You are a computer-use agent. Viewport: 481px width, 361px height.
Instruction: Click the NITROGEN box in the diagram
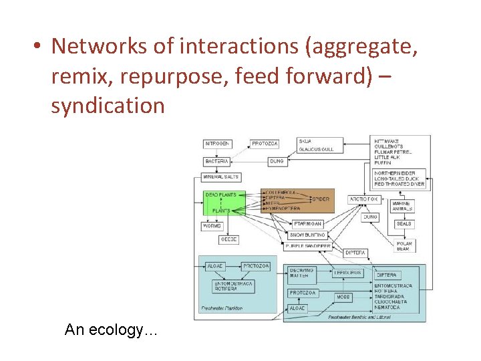pos(217,144)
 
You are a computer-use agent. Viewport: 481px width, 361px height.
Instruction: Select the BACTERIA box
pos(217,161)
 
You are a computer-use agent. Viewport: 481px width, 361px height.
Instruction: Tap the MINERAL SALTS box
pos(221,177)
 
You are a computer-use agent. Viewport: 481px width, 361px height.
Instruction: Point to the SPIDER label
pos(321,199)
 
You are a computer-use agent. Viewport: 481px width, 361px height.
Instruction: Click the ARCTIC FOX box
pos(364,199)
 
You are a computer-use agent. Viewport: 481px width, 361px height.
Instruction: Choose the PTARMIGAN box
pos(308,224)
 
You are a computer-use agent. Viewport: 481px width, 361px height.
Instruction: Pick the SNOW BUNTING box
pos(307,235)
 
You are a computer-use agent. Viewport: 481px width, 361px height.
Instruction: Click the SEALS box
pos(404,224)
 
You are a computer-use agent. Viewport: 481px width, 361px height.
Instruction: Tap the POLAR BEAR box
pos(404,246)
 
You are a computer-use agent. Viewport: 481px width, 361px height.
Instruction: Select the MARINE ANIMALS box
pos(402,206)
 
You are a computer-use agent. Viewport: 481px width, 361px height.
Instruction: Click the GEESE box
pos(228,239)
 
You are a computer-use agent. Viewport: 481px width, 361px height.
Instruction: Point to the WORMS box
pos(212,226)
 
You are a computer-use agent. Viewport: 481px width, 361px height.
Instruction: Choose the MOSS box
pos(343,297)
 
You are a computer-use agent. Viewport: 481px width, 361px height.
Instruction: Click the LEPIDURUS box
pos(348,273)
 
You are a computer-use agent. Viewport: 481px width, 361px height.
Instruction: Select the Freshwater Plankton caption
pos(222,308)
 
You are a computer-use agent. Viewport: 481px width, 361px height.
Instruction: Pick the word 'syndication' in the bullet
pos(108,106)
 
